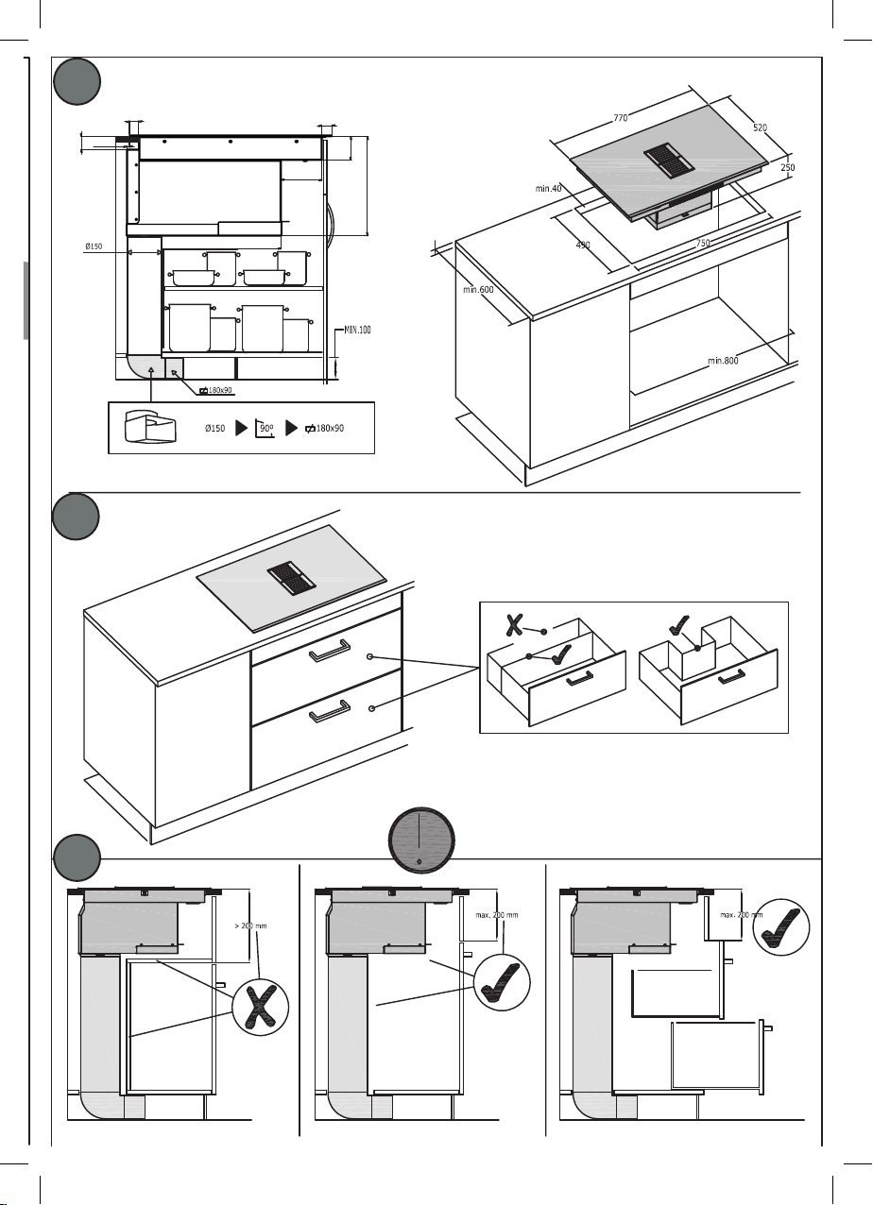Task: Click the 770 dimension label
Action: click(x=621, y=118)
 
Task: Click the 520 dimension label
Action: click(x=760, y=127)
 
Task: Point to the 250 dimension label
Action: click(x=787, y=167)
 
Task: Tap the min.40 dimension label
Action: click(x=549, y=189)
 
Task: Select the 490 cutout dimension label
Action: click(x=583, y=246)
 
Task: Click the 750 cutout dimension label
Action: click(x=703, y=244)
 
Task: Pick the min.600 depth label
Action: click(x=478, y=290)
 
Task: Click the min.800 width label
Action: click(x=723, y=360)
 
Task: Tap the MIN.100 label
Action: click(x=357, y=330)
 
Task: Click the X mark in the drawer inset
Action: click(x=514, y=624)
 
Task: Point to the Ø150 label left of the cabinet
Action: click(x=94, y=246)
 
